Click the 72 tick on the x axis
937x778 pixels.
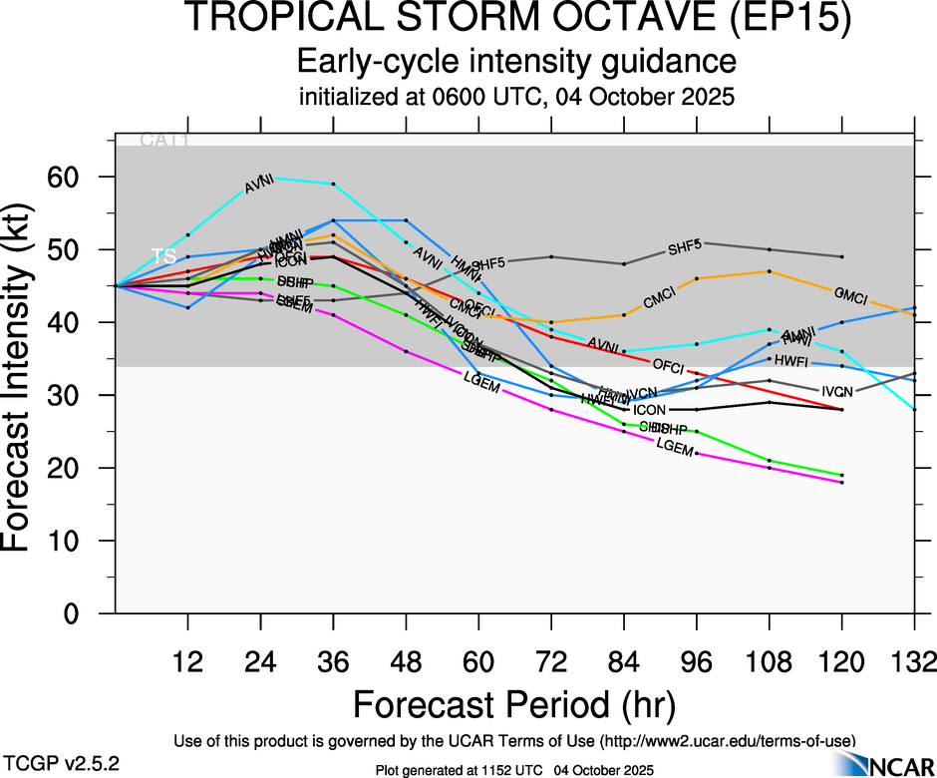[551, 662]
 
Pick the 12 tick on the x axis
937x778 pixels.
[187, 662]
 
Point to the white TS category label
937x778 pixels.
[164, 256]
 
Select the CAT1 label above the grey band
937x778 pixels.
[163, 140]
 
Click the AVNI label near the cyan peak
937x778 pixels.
[259, 184]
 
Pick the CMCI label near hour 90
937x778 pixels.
[660, 296]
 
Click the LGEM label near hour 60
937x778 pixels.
[481, 379]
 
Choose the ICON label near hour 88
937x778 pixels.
[650, 410]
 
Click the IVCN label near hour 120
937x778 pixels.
[837, 391]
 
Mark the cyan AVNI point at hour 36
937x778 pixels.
[333, 184]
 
